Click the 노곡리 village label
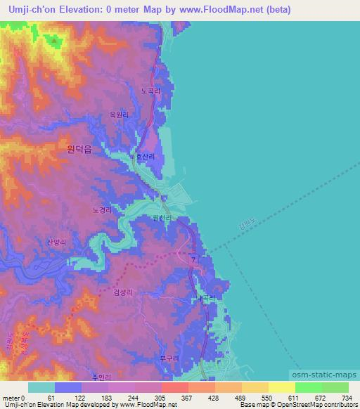click(151, 91)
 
